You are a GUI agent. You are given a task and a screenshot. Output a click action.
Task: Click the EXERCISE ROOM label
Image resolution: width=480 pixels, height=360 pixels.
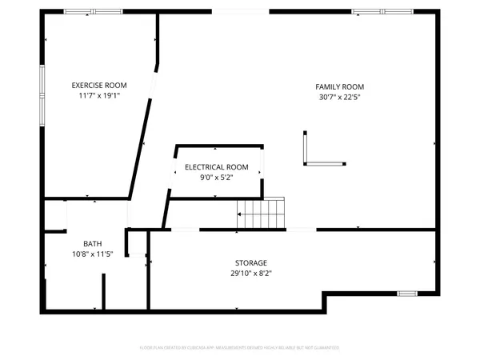click(x=99, y=85)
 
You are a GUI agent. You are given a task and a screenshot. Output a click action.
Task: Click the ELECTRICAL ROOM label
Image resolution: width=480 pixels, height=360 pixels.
click(x=216, y=167)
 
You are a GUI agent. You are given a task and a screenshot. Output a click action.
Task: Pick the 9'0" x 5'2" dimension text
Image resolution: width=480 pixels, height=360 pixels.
click(x=216, y=177)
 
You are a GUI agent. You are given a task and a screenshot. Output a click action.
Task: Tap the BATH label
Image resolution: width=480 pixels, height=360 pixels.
click(x=93, y=244)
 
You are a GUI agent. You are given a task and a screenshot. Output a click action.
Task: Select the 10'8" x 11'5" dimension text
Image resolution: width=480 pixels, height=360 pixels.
click(x=93, y=254)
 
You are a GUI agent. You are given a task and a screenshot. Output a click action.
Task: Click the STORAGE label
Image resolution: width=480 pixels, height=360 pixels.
click(x=250, y=262)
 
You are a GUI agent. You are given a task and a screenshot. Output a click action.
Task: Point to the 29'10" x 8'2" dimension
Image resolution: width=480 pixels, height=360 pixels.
click(x=250, y=273)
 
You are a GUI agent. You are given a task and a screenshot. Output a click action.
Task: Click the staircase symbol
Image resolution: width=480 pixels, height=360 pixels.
click(x=261, y=214)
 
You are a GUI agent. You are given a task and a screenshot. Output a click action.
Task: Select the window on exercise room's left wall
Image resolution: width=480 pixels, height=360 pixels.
click(x=42, y=94)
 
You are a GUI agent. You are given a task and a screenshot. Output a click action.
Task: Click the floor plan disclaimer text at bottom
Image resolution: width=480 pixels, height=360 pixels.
click(x=240, y=347)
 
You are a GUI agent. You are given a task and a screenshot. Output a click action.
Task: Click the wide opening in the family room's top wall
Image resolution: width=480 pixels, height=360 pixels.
click(x=241, y=12)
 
